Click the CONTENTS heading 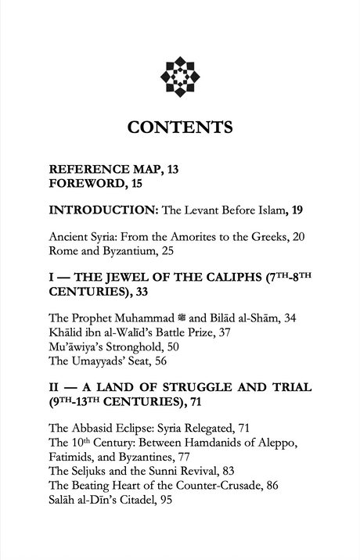pos(180,127)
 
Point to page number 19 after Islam pos(298,210)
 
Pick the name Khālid pos(67,332)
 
